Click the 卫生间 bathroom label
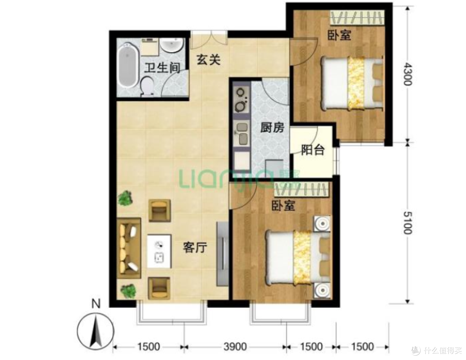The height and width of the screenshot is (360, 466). (162, 68)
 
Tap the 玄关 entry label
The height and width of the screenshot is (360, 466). (209, 60)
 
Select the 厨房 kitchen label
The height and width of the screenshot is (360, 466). (272, 128)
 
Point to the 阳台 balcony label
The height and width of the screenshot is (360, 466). (313, 150)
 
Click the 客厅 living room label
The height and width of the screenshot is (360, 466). (195, 247)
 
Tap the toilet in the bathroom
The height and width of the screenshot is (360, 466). (147, 86)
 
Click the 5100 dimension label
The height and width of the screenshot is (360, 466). (407, 222)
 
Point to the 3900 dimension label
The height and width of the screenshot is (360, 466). (235, 347)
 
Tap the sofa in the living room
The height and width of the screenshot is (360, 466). (129, 248)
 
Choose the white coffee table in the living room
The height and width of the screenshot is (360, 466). (159, 251)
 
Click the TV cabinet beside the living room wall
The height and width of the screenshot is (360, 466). (223, 254)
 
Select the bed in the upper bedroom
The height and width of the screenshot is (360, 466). (352, 84)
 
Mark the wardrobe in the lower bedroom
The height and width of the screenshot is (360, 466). (302, 190)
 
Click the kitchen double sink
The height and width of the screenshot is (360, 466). (242, 134)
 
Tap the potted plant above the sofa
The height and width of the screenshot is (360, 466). (126, 198)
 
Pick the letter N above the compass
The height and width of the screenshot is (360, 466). (96, 304)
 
